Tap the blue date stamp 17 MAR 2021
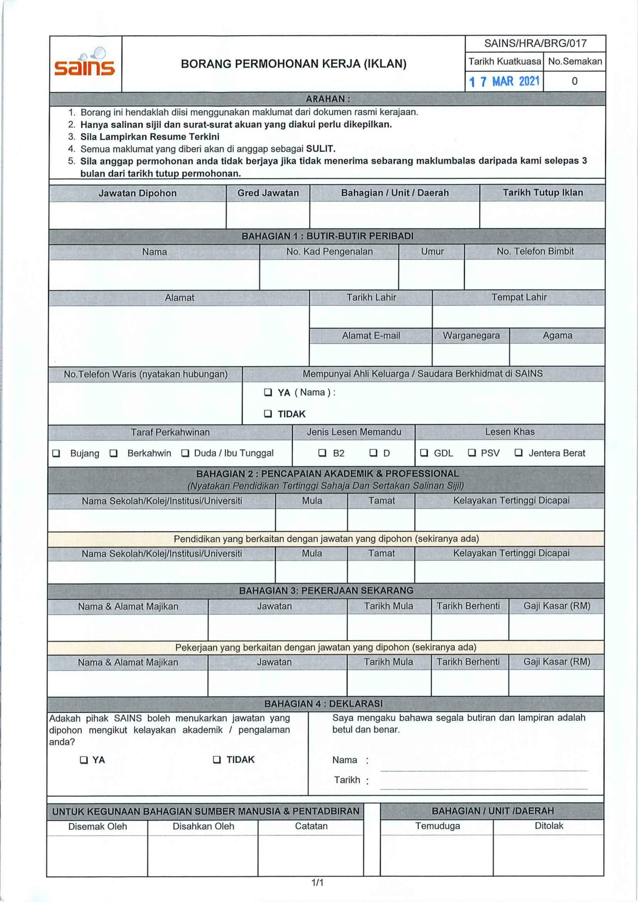tap(504, 82)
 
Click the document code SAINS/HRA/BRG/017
tap(535, 43)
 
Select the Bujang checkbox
tap(56, 453)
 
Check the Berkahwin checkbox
tap(113, 453)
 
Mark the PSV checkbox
tap(472, 453)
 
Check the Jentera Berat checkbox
tap(519, 453)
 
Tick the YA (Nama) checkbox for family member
tap(268, 393)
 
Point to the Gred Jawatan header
tap(268, 193)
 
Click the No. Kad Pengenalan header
tap(329, 252)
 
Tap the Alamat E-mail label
tap(371, 335)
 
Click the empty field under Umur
tap(431, 274)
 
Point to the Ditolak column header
tap(549, 826)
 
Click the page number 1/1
tap(317, 883)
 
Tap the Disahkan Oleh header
tap(203, 826)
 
